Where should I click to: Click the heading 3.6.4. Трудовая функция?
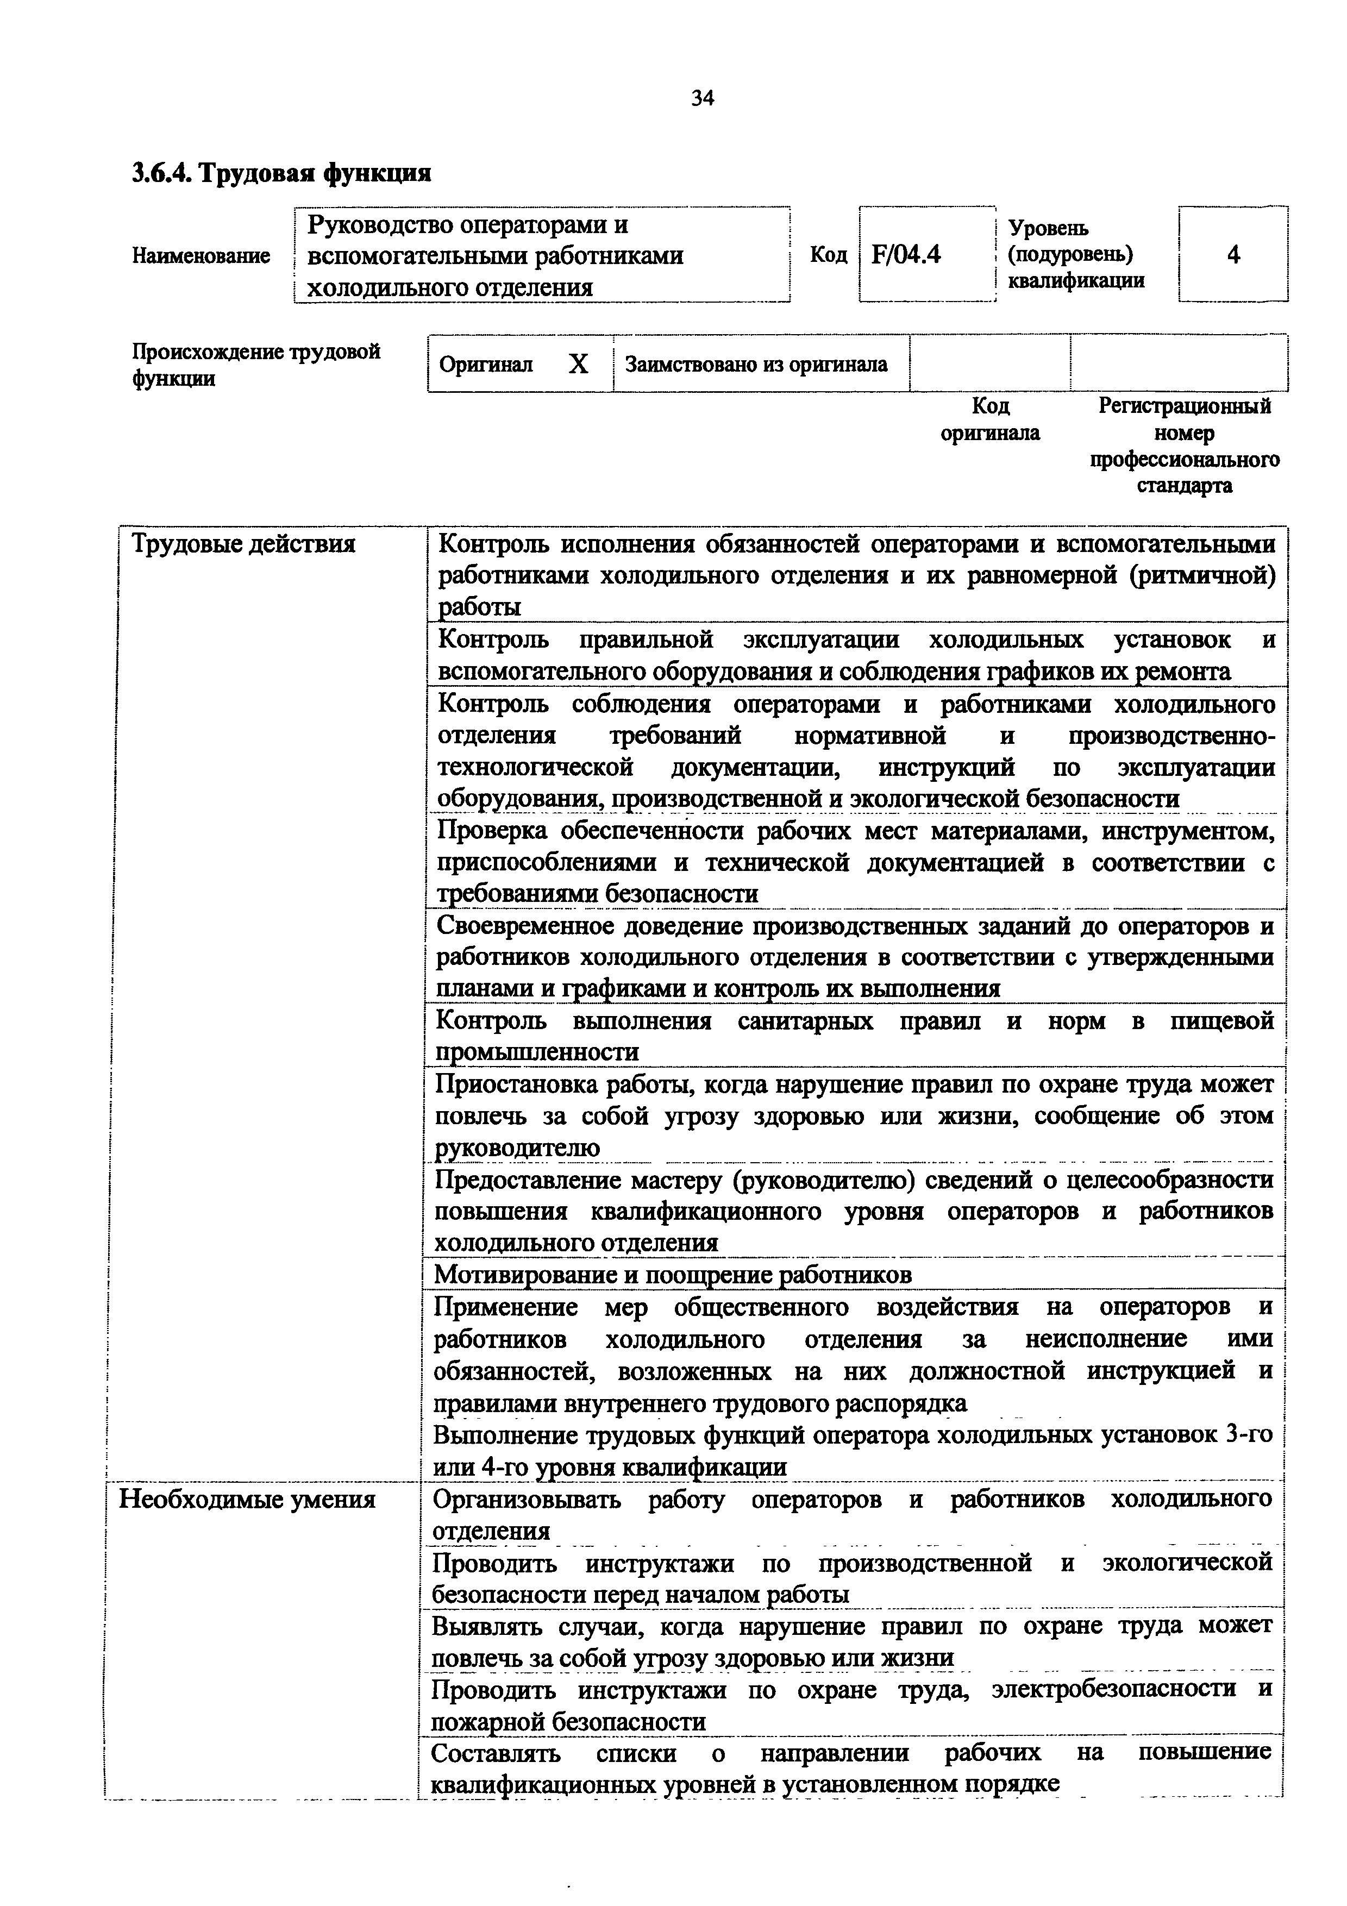[281, 173]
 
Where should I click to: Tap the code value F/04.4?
[906, 254]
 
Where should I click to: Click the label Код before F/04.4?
[828, 254]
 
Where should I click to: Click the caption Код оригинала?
[989, 419]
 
